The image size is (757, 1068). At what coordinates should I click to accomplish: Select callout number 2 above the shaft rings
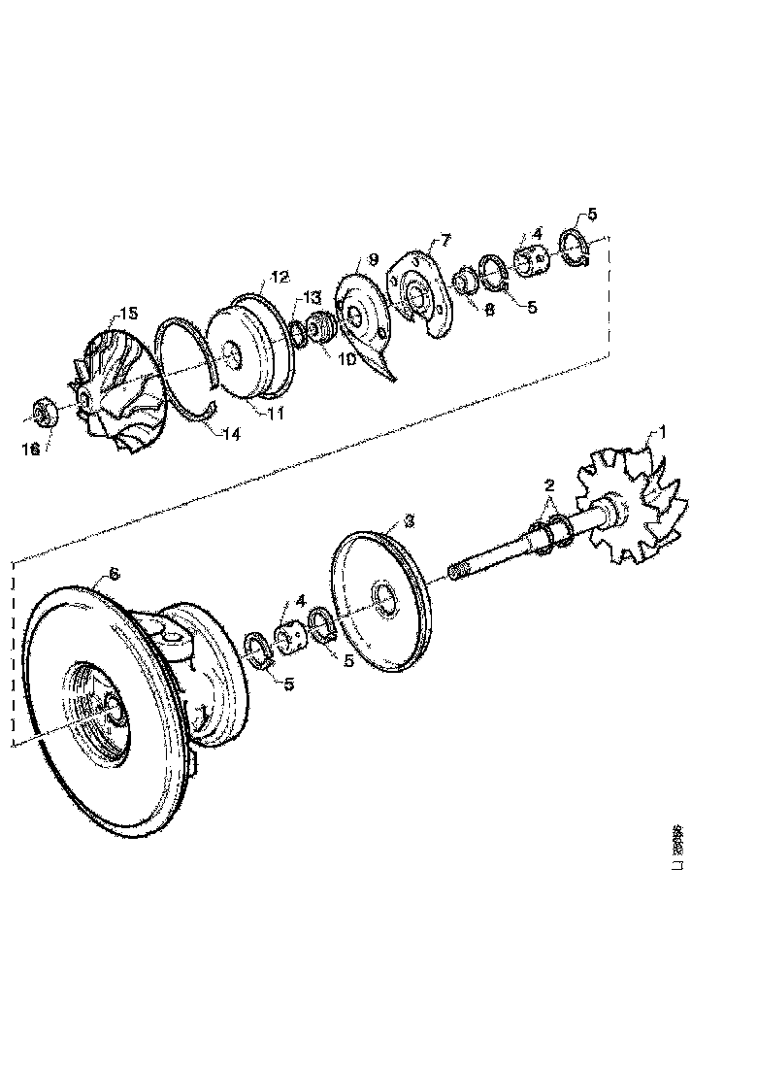[x=548, y=484]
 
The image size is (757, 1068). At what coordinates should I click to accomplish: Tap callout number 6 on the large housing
[x=114, y=574]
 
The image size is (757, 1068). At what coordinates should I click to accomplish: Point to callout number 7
[x=445, y=239]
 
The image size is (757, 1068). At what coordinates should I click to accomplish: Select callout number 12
[x=280, y=277]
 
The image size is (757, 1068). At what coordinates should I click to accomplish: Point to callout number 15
[x=129, y=313]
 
